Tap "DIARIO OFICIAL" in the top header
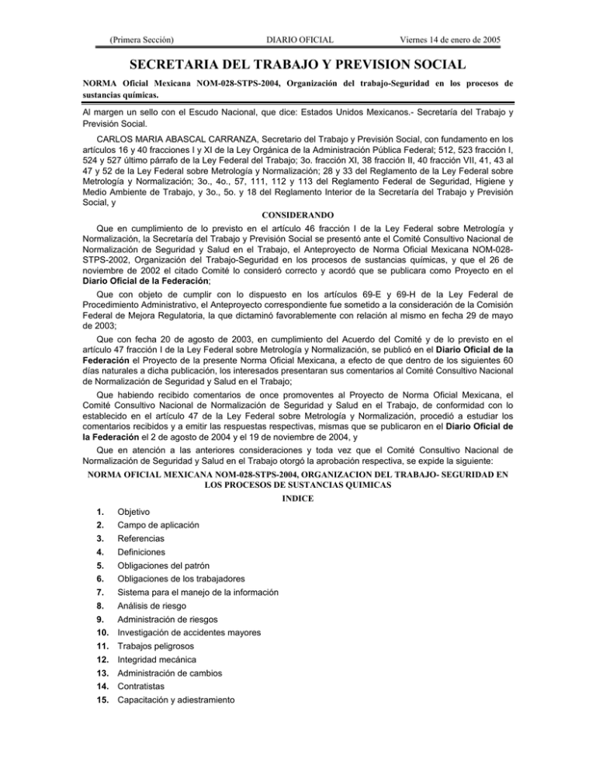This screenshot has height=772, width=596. tap(299, 38)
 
